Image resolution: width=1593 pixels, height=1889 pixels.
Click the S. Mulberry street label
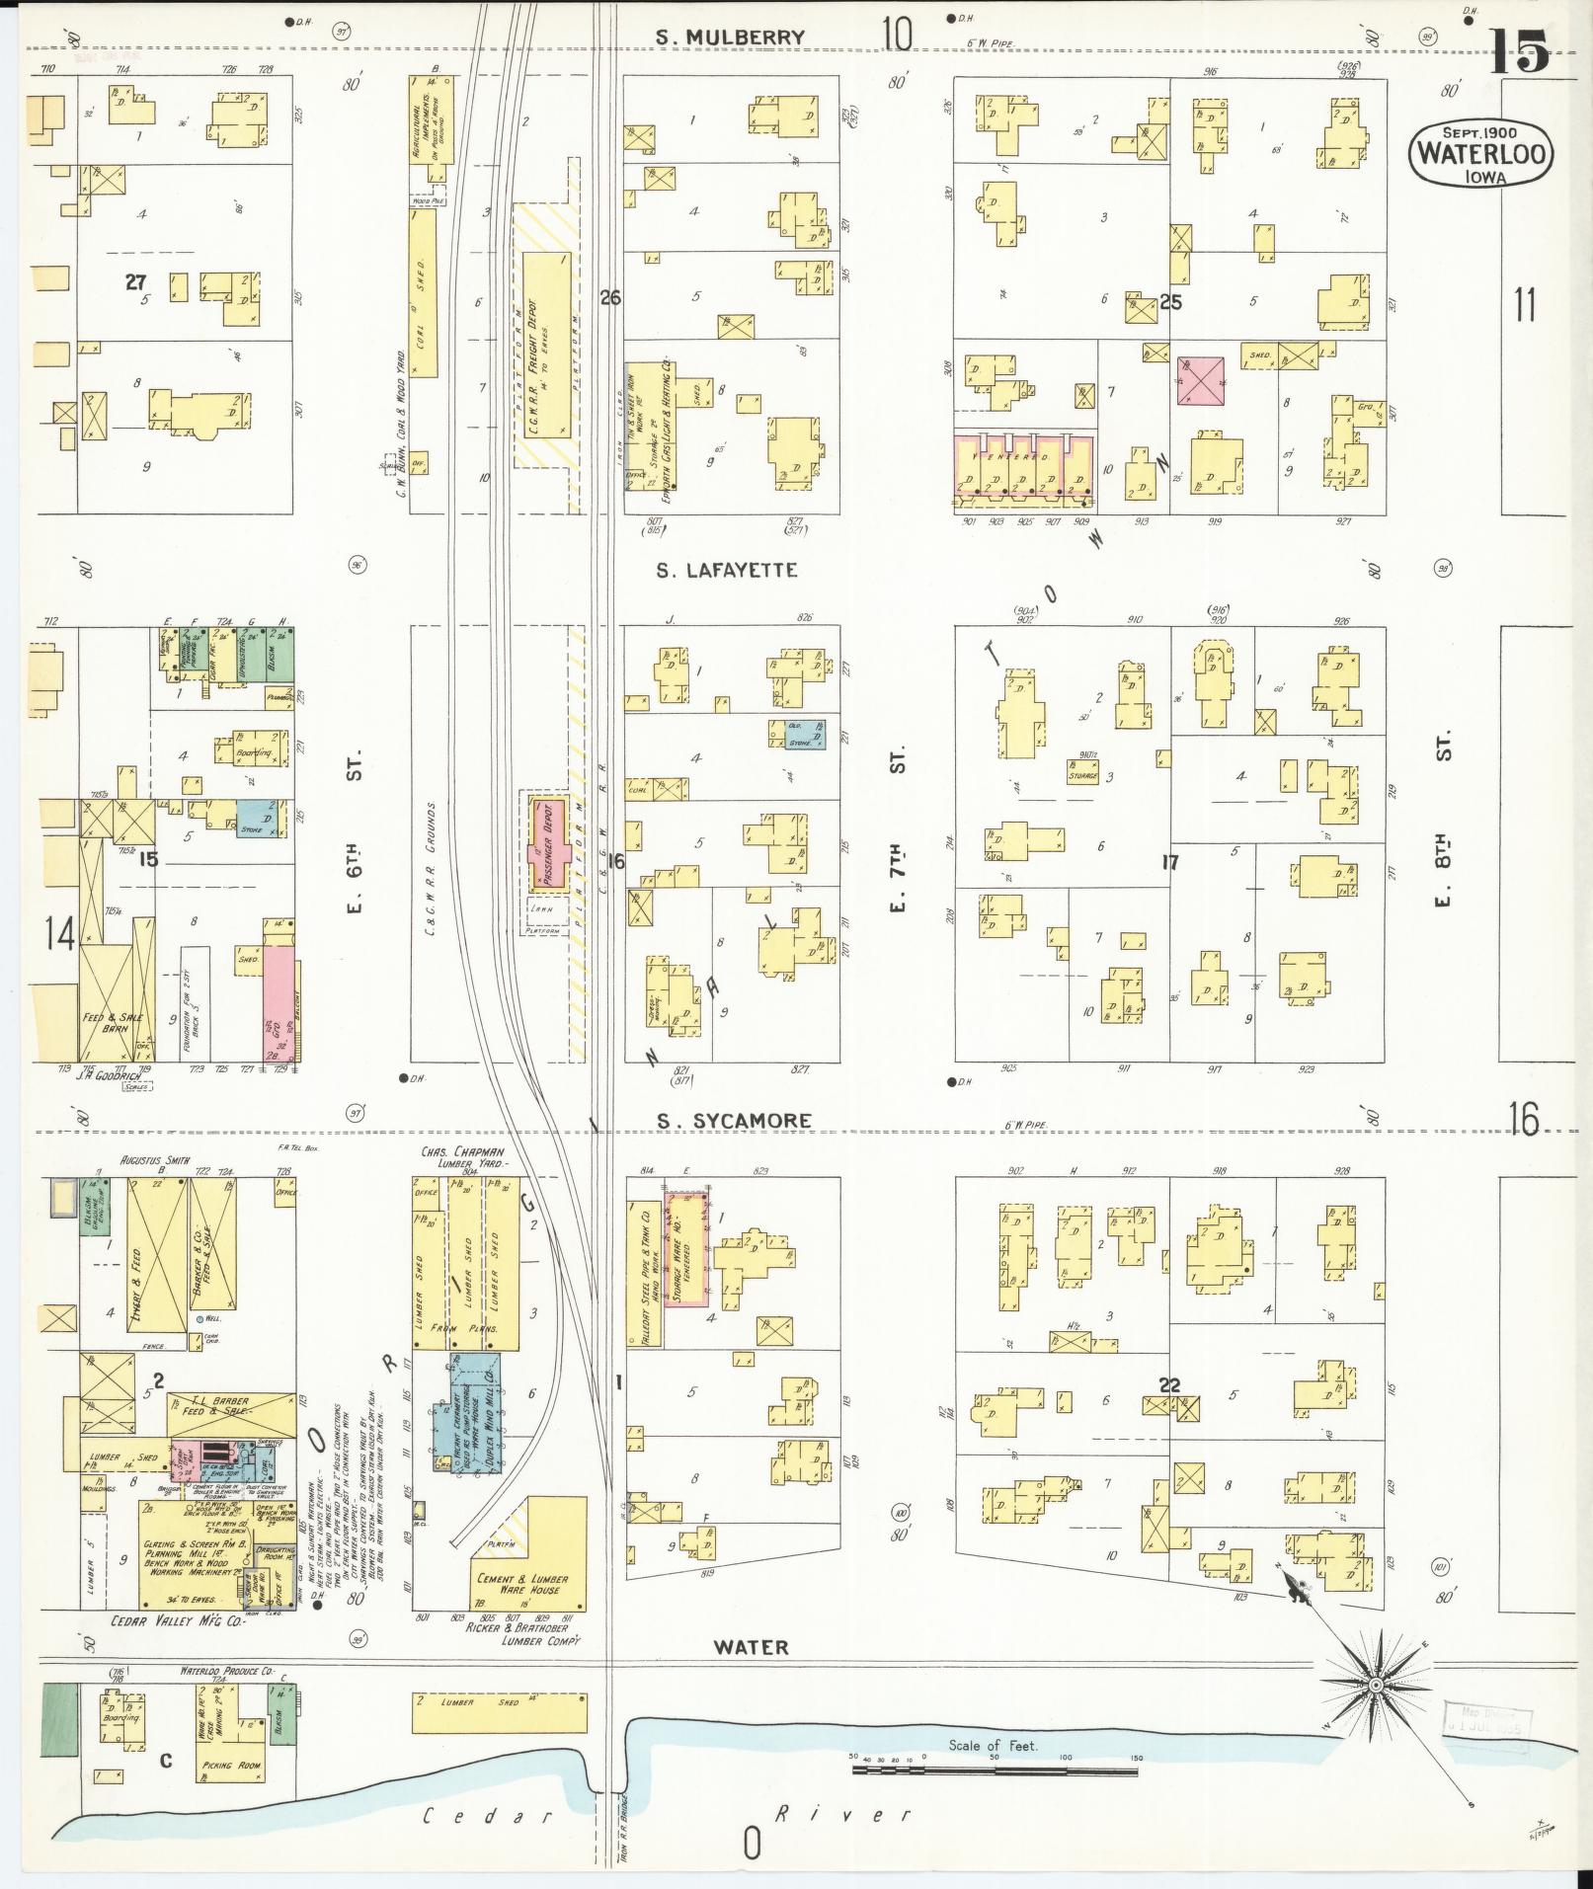tap(732, 38)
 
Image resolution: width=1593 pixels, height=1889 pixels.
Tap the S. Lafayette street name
tap(726, 570)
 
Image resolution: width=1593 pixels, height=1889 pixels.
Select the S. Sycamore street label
tap(734, 1120)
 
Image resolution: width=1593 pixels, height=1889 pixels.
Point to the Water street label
tap(752, 1646)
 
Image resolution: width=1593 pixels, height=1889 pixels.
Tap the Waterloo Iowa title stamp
tap(1479, 152)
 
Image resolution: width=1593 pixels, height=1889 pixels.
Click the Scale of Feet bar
tap(994, 1771)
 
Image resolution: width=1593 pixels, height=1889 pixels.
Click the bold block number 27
tap(135, 282)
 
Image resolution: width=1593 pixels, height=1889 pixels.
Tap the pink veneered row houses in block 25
tap(1023, 464)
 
